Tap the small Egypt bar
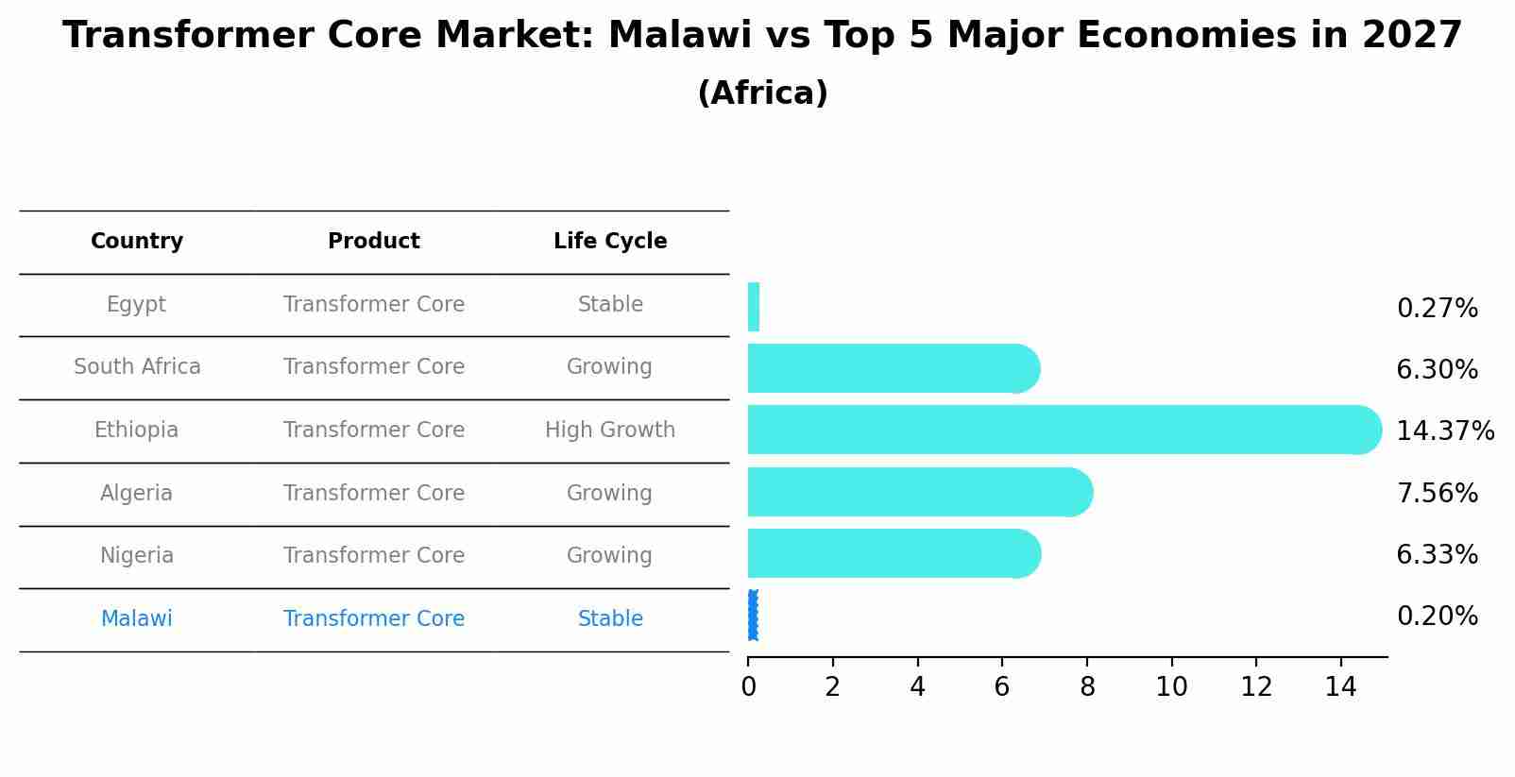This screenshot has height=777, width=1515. point(754,307)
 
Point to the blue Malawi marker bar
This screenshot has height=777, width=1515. point(753,616)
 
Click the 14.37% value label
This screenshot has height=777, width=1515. point(1444,431)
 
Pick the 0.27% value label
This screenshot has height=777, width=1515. point(1437,309)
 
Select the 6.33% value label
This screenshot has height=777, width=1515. point(1437,555)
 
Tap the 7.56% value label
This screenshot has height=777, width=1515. point(1437,494)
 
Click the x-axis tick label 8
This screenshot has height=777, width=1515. point(1087,687)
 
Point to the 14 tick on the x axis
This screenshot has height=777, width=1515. point(1340,687)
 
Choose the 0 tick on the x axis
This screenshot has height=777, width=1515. point(748,687)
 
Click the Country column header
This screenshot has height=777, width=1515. point(137,242)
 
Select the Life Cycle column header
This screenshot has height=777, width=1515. point(610,242)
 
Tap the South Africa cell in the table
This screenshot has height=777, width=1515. point(137,367)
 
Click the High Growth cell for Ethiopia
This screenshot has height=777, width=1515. point(610,431)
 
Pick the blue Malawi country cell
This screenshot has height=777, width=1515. point(137,619)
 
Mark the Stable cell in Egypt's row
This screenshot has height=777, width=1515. point(610,305)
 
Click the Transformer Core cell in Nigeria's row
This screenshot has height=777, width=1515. point(374,556)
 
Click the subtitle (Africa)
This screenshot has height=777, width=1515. point(762,93)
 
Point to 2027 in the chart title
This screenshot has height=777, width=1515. point(1411,36)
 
